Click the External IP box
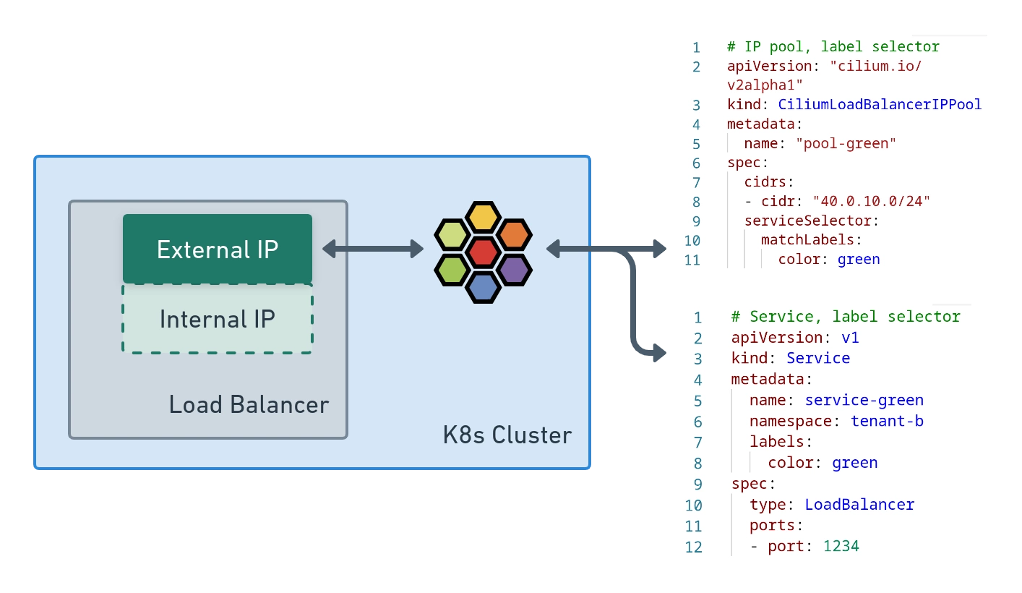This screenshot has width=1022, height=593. pos(218,249)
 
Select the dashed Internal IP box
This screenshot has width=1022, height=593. pos(218,319)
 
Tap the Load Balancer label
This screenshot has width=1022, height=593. pos(249,404)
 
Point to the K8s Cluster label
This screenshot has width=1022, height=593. pos(507,435)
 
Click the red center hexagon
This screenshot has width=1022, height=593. pos(483,252)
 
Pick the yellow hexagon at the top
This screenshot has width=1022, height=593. pos(483,216)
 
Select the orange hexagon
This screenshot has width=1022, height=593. pos(514,234)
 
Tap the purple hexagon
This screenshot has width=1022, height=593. pos(514,270)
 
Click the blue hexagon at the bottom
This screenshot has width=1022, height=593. pos(483,287)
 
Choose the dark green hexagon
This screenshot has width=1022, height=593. pos(452,270)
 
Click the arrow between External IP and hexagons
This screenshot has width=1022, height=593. pos(372,249)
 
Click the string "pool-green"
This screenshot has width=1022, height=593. pos(846,143)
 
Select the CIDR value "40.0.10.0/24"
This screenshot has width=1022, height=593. pos(872,201)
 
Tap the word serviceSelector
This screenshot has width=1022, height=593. pos(811,221)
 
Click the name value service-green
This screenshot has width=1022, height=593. pos(864,400)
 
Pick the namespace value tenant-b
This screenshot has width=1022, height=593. pos(887,421)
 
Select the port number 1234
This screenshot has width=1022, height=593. pos(841,546)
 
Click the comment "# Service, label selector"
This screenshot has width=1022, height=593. pos(846,317)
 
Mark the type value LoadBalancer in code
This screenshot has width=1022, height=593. pos(859,504)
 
